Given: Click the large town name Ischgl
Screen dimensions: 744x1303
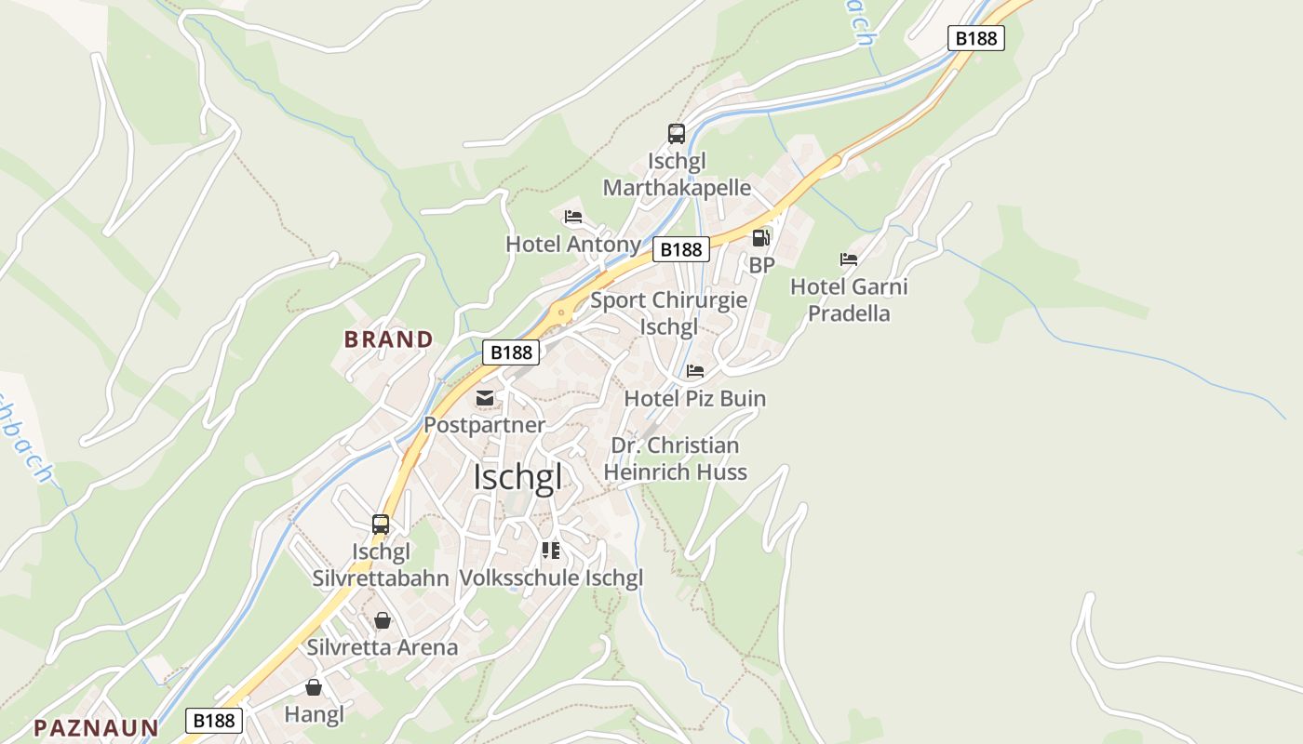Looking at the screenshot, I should tap(517, 477).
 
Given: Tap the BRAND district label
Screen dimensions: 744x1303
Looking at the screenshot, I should tap(389, 339).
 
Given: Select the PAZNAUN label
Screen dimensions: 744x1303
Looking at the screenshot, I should tap(96, 727).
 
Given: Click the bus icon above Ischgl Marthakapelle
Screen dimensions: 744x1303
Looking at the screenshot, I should tap(677, 134).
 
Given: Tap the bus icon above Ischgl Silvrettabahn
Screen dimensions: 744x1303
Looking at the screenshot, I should tap(381, 524).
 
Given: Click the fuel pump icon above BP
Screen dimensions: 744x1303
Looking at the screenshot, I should tap(760, 238).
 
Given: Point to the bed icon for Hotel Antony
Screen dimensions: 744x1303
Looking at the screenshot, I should tap(573, 217).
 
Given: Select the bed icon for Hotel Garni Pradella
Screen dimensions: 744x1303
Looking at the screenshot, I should tap(848, 259).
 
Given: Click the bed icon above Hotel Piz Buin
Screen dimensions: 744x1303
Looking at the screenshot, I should tap(694, 371).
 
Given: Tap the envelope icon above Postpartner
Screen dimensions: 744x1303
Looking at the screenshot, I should tap(485, 398).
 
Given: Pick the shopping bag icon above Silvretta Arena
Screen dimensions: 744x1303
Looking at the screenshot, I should tap(383, 620).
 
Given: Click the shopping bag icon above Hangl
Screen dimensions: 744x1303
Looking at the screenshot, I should tap(314, 687).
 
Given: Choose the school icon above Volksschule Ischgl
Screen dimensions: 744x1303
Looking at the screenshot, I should tap(551, 551).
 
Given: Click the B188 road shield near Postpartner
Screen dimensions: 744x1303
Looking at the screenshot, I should tap(511, 352).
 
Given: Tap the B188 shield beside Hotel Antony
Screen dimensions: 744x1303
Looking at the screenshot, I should tap(680, 249).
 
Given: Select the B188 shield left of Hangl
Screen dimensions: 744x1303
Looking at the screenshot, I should tap(214, 721).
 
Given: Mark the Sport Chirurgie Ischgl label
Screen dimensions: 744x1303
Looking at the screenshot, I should tap(668, 313).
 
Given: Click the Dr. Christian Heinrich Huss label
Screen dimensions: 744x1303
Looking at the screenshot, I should tap(675, 458).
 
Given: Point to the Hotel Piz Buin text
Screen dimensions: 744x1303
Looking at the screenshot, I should tap(694, 398).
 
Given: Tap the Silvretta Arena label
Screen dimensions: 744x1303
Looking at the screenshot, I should tap(383, 647).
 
